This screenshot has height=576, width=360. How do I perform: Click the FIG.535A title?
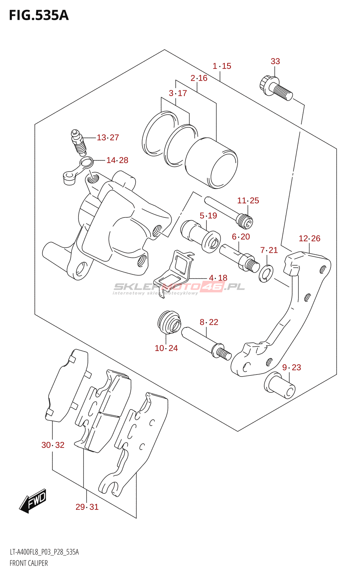(x=39, y=15)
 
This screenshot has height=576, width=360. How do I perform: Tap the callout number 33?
(x=275, y=62)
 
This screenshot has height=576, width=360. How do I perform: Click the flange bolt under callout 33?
(x=276, y=88)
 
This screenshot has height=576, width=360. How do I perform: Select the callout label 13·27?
(x=108, y=138)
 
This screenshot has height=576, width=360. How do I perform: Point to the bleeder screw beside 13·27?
(x=78, y=143)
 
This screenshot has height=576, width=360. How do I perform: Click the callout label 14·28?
(x=117, y=160)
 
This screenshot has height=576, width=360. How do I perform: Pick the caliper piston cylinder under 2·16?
(x=211, y=163)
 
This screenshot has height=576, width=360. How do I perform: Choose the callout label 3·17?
(x=178, y=93)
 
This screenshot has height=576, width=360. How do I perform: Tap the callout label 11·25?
(x=248, y=201)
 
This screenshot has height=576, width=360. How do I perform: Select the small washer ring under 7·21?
(x=266, y=274)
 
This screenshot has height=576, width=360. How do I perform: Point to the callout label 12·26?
(x=309, y=238)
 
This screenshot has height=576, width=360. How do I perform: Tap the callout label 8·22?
(x=209, y=322)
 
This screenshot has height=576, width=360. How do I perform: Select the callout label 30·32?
(x=53, y=445)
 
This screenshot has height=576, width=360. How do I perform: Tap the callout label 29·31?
(x=87, y=507)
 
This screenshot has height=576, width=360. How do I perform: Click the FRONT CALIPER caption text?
(x=29, y=563)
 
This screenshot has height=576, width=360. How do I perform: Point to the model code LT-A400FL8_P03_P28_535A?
(x=44, y=552)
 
